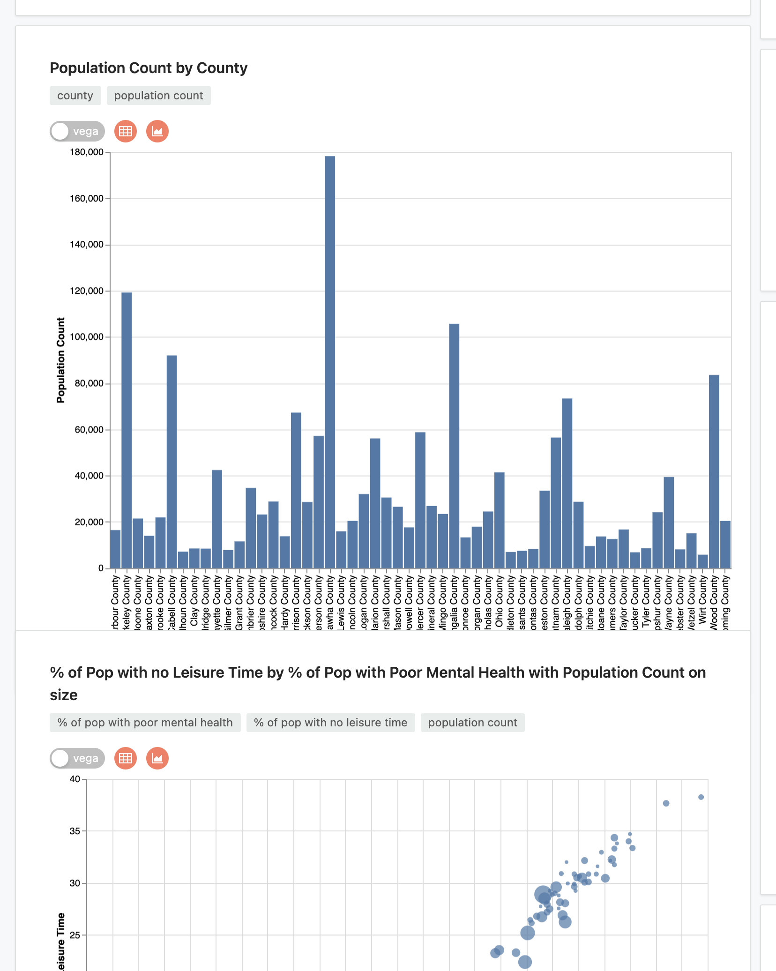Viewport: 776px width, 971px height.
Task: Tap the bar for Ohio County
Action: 499,520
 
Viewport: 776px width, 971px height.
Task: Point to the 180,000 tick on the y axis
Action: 87,152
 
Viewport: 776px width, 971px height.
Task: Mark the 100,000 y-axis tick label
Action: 87,337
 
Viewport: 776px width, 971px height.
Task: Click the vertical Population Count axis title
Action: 61,360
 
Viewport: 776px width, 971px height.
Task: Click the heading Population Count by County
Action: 149,68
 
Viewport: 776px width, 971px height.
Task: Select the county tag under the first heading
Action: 75,96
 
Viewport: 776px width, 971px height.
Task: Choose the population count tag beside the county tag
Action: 158,96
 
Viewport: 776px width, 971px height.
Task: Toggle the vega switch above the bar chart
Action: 77,131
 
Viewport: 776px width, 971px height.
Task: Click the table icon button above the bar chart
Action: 126,131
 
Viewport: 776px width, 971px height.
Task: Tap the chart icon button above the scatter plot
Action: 157,758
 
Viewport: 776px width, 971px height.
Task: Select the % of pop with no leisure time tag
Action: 330,723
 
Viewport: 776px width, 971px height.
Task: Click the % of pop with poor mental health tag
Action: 145,723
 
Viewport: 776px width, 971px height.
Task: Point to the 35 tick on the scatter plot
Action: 75,831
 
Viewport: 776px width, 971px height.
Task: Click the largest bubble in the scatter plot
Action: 543,894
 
